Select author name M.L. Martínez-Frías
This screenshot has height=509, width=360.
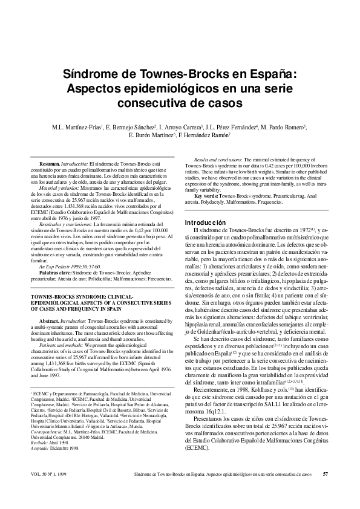(71, 128)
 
